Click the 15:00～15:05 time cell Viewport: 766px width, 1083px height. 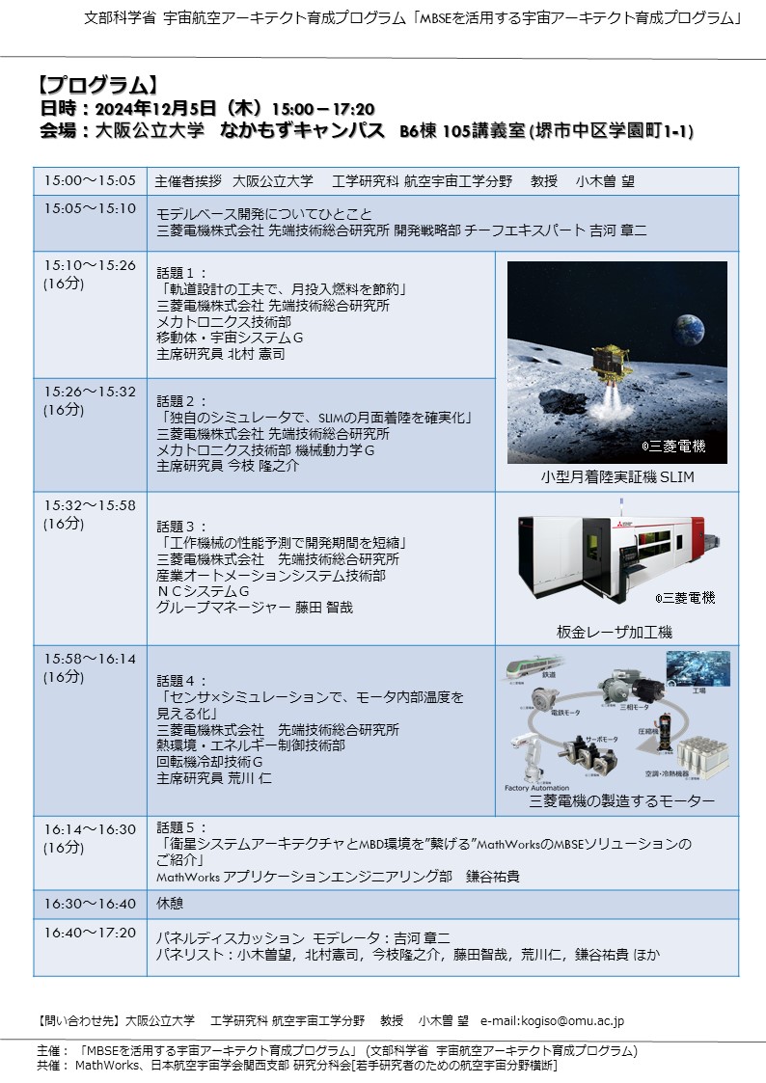[x=90, y=180]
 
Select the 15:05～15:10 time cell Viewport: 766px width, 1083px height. [x=90, y=207]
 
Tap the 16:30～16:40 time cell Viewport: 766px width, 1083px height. [x=90, y=904]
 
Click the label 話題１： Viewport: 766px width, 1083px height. [x=182, y=273]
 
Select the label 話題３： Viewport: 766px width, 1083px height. [x=182, y=527]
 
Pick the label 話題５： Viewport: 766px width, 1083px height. [x=182, y=827]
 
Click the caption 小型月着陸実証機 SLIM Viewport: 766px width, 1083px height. [x=617, y=477]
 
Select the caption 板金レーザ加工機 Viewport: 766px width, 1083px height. [x=615, y=632]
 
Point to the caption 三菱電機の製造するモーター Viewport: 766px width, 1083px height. [x=622, y=801]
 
